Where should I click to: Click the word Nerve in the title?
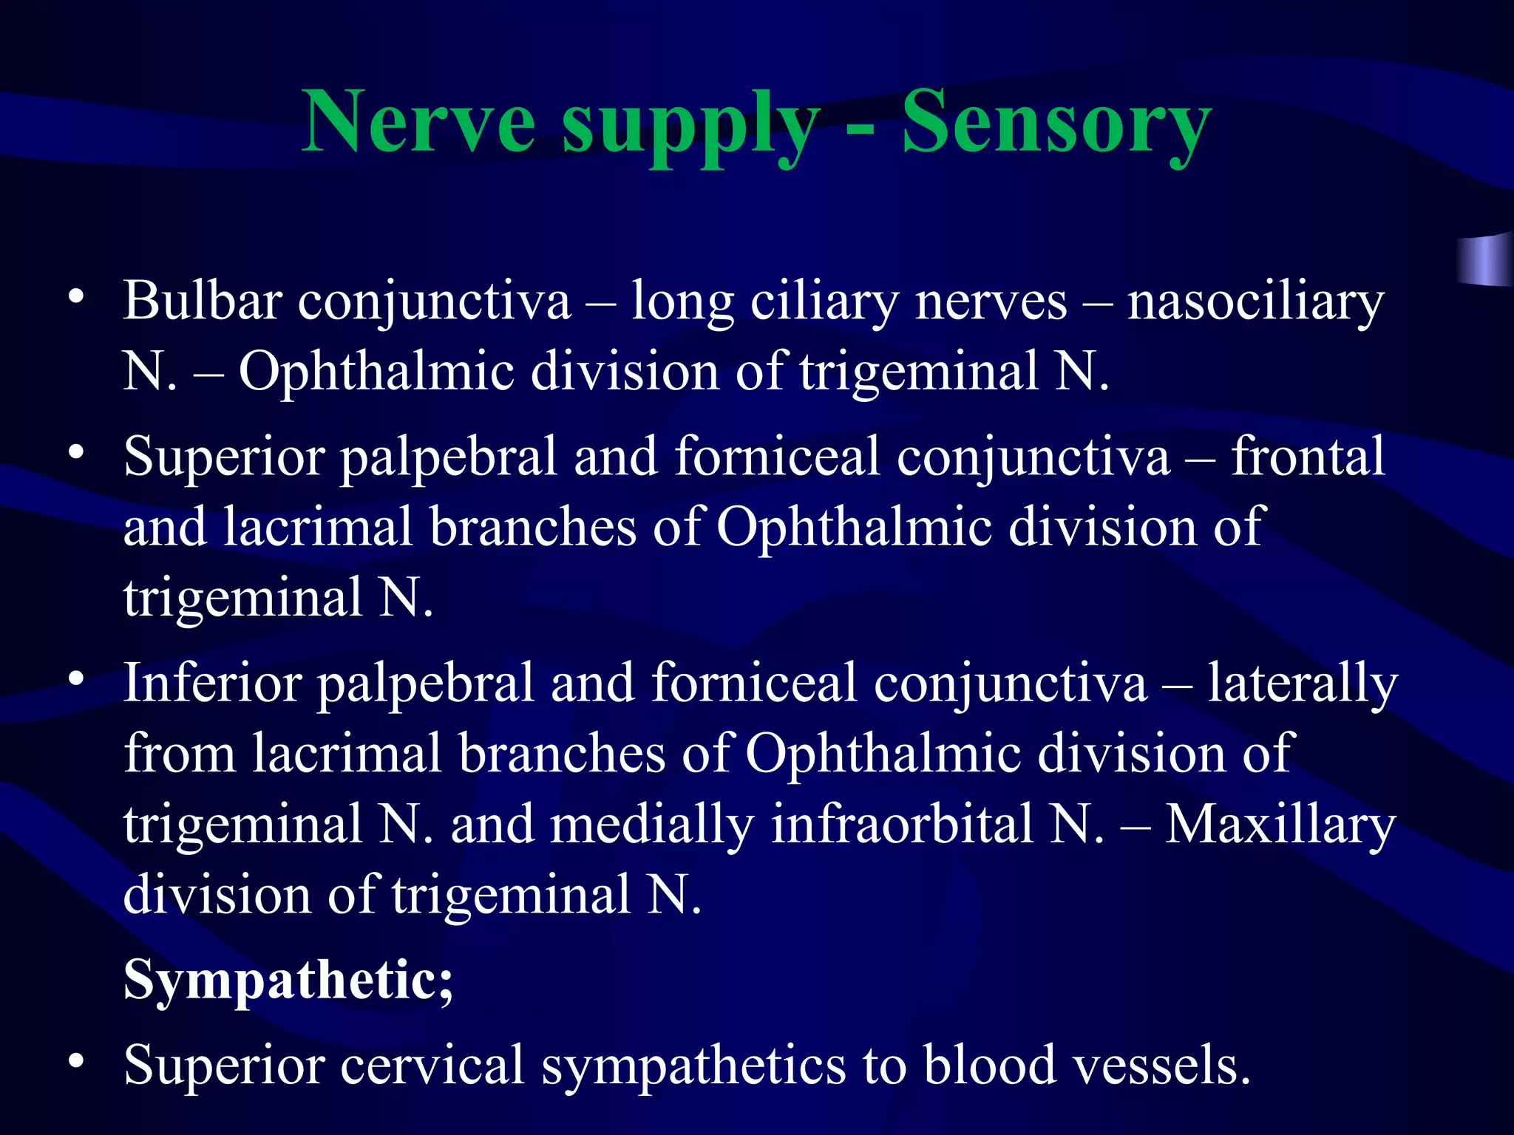(418, 122)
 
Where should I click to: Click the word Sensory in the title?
(1056, 122)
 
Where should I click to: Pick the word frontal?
(1308, 457)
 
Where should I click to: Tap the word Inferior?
(212, 684)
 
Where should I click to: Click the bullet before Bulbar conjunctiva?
(75, 298)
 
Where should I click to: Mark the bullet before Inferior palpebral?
(75, 679)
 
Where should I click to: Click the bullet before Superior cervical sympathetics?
(75, 1061)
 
